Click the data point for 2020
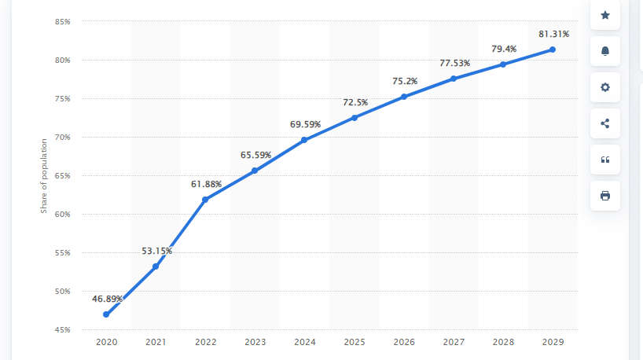[106, 314]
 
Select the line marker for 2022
[205, 200]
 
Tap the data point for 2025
[355, 118]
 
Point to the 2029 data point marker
[553, 50]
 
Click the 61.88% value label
[206, 184]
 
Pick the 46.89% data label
[107, 299]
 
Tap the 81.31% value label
[553, 34]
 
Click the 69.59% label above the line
[305, 124]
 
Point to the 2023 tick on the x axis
[255, 343]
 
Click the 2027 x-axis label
[454, 343]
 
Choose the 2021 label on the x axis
[156, 343]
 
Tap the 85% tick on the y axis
[63, 22]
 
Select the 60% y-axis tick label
[63, 215]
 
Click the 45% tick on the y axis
[63, 330]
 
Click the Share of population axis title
[44, 176]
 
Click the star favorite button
[604, 15]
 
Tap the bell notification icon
[604, 51]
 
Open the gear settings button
[604, 87]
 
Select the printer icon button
[604, 196]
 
